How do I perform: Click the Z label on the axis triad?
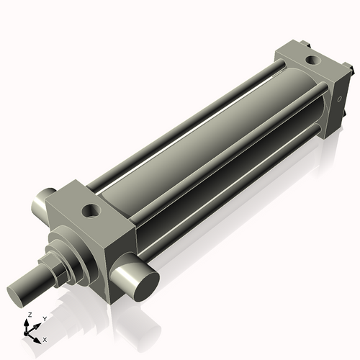point(29,315)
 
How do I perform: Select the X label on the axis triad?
point(45,338)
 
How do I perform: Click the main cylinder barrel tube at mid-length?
point(194,144)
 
